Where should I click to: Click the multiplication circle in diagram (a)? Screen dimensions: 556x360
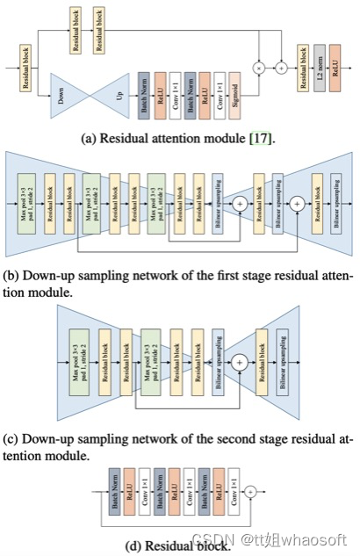(259, 67)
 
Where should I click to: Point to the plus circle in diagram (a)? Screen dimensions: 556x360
(281, 67)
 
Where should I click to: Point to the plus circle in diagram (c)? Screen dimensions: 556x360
(238, 361)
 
